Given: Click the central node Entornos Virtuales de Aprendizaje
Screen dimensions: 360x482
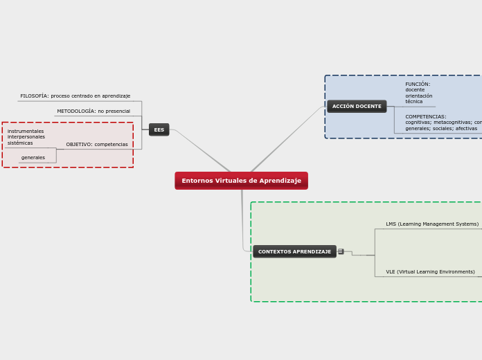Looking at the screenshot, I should pos(241,181).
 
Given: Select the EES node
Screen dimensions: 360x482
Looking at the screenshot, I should pos(159,129).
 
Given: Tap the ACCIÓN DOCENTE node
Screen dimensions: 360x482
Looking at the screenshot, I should pos(357,107).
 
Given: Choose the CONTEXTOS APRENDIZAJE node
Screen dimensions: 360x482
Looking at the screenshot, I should pos(294,251).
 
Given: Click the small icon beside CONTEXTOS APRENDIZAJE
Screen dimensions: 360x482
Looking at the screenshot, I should pos(341,251).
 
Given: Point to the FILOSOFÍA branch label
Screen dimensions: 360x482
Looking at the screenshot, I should pos(75,96).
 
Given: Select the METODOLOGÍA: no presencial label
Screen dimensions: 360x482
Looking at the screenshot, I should pos(93,111).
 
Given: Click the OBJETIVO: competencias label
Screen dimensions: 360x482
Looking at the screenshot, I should pos(97,145).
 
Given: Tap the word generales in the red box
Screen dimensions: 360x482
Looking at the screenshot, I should pos(33,158).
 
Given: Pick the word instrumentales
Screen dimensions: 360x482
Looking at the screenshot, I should pos(26,132).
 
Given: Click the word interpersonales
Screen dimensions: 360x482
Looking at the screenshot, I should pos(26,137).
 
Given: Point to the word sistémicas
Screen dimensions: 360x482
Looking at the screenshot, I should pos(20,143).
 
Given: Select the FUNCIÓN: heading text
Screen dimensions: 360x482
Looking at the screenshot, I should pos(418,84).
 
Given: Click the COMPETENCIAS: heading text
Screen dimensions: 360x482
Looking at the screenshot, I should pos(426,117).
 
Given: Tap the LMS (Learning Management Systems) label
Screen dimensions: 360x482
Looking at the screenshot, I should pos(432,224).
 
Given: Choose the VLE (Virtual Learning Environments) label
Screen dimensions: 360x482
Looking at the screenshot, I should pos(430,272).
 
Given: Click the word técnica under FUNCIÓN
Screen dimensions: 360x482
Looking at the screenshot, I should pos(414,102).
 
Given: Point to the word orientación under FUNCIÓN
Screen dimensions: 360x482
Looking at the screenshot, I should pos(419,96).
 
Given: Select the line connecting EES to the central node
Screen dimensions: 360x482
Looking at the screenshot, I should pos(204,152).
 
